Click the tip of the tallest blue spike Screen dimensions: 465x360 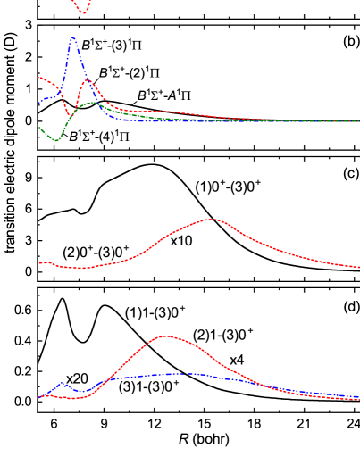tap(72, 37)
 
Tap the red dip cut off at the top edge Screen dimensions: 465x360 tap(82, 12)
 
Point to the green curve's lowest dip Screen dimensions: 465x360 tap(57, 140)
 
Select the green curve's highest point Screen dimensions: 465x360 tap(93, 103)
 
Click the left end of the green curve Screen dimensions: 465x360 tap(38, 126)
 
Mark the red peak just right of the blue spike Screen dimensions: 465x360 tap(88, 80)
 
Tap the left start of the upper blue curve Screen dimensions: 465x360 tap(39, 104)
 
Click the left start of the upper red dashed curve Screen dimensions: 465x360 tap(38, 77)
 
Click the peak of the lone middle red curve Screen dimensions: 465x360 tap(211, 219)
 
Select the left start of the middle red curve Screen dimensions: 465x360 tap(38, 262)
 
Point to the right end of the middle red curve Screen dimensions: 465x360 tap(358, 266)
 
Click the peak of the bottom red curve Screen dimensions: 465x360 tap(165, 336)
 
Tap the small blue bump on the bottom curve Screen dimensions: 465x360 tap(63, 383)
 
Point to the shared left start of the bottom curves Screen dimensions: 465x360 tap(38, 397)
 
